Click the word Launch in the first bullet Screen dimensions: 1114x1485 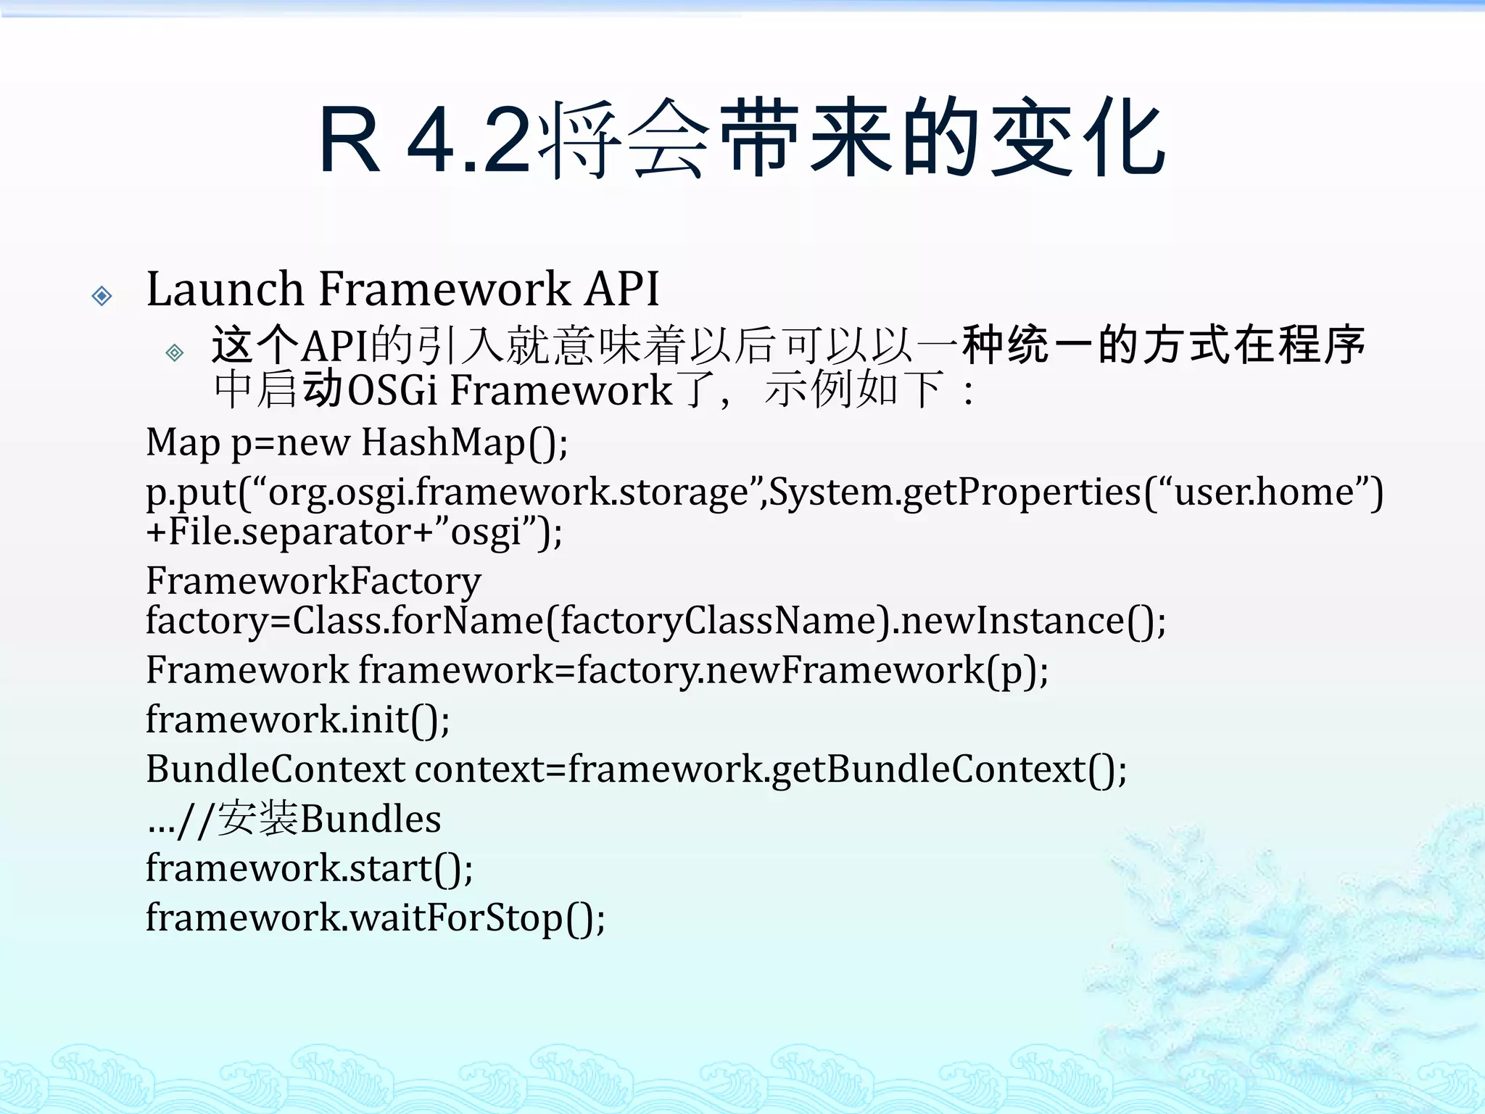[226, 289]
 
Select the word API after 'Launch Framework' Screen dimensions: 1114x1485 [622, 289]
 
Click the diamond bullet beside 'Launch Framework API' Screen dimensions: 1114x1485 [102, 295]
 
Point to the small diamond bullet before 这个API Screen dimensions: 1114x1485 [175, 352]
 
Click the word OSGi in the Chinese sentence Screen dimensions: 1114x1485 [392, 390]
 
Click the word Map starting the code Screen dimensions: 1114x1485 [183, 442]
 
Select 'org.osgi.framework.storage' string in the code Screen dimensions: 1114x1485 [508, 492]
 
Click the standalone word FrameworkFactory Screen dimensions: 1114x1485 [313, 580]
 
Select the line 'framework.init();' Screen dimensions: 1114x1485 [297, 719]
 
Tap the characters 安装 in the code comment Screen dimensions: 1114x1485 [257, 818]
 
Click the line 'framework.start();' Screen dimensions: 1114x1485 [309, 868]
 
